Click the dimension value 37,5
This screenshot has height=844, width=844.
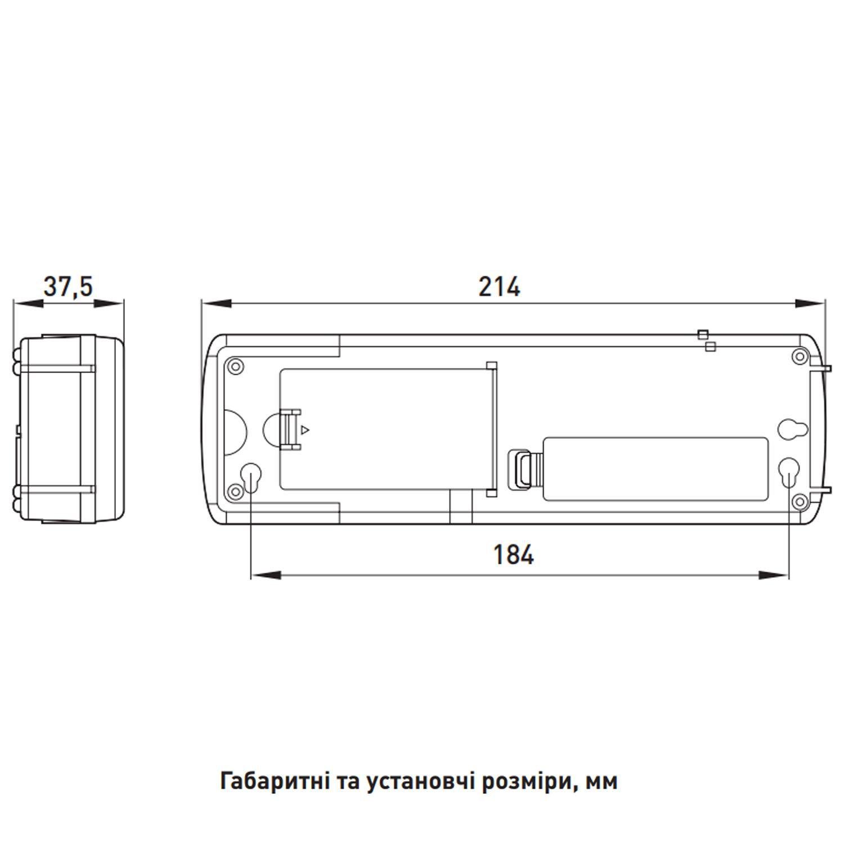68,287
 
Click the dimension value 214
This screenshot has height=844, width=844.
500,287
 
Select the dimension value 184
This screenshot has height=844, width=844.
513,555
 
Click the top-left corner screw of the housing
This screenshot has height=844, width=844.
235,367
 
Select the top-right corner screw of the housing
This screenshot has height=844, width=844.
799,356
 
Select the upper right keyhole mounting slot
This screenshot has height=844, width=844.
789,429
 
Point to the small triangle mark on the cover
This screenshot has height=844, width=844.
305,430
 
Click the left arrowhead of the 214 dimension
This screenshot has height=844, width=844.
217,303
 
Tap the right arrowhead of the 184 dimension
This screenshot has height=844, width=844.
774,575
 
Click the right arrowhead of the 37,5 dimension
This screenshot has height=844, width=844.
109,303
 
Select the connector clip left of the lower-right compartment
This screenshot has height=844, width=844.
521,468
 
